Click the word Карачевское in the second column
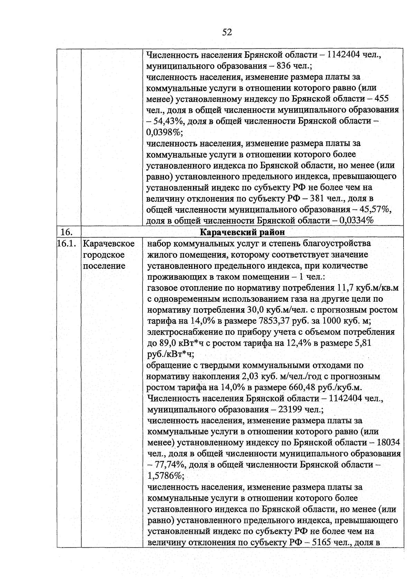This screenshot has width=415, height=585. pos(109,243)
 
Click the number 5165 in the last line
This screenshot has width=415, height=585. pos(322,542)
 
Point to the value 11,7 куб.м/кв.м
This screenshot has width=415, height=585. pos(367,288)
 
